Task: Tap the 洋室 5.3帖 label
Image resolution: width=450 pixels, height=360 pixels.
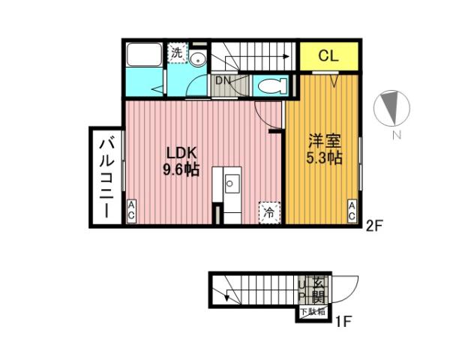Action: click(324, 149)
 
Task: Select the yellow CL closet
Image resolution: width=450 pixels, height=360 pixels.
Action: click(329, 55)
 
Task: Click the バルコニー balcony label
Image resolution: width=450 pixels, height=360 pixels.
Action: click(106, 176)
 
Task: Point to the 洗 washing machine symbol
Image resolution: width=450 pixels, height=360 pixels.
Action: click(177, 53)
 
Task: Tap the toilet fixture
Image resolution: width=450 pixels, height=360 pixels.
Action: click(271, 85)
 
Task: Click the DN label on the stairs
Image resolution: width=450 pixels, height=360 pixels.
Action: click(223, 79)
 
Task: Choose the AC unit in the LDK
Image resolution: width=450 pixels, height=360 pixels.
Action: click(131, 211)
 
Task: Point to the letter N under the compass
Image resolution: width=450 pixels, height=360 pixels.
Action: click(396, 135)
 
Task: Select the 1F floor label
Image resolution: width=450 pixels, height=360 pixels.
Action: click(343, 323)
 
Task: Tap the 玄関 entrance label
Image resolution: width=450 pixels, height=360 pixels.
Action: click(317, 290)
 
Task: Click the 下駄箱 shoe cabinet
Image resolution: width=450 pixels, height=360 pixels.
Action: click(313, 310)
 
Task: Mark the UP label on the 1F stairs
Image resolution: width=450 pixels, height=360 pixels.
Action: click(302, 289)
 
